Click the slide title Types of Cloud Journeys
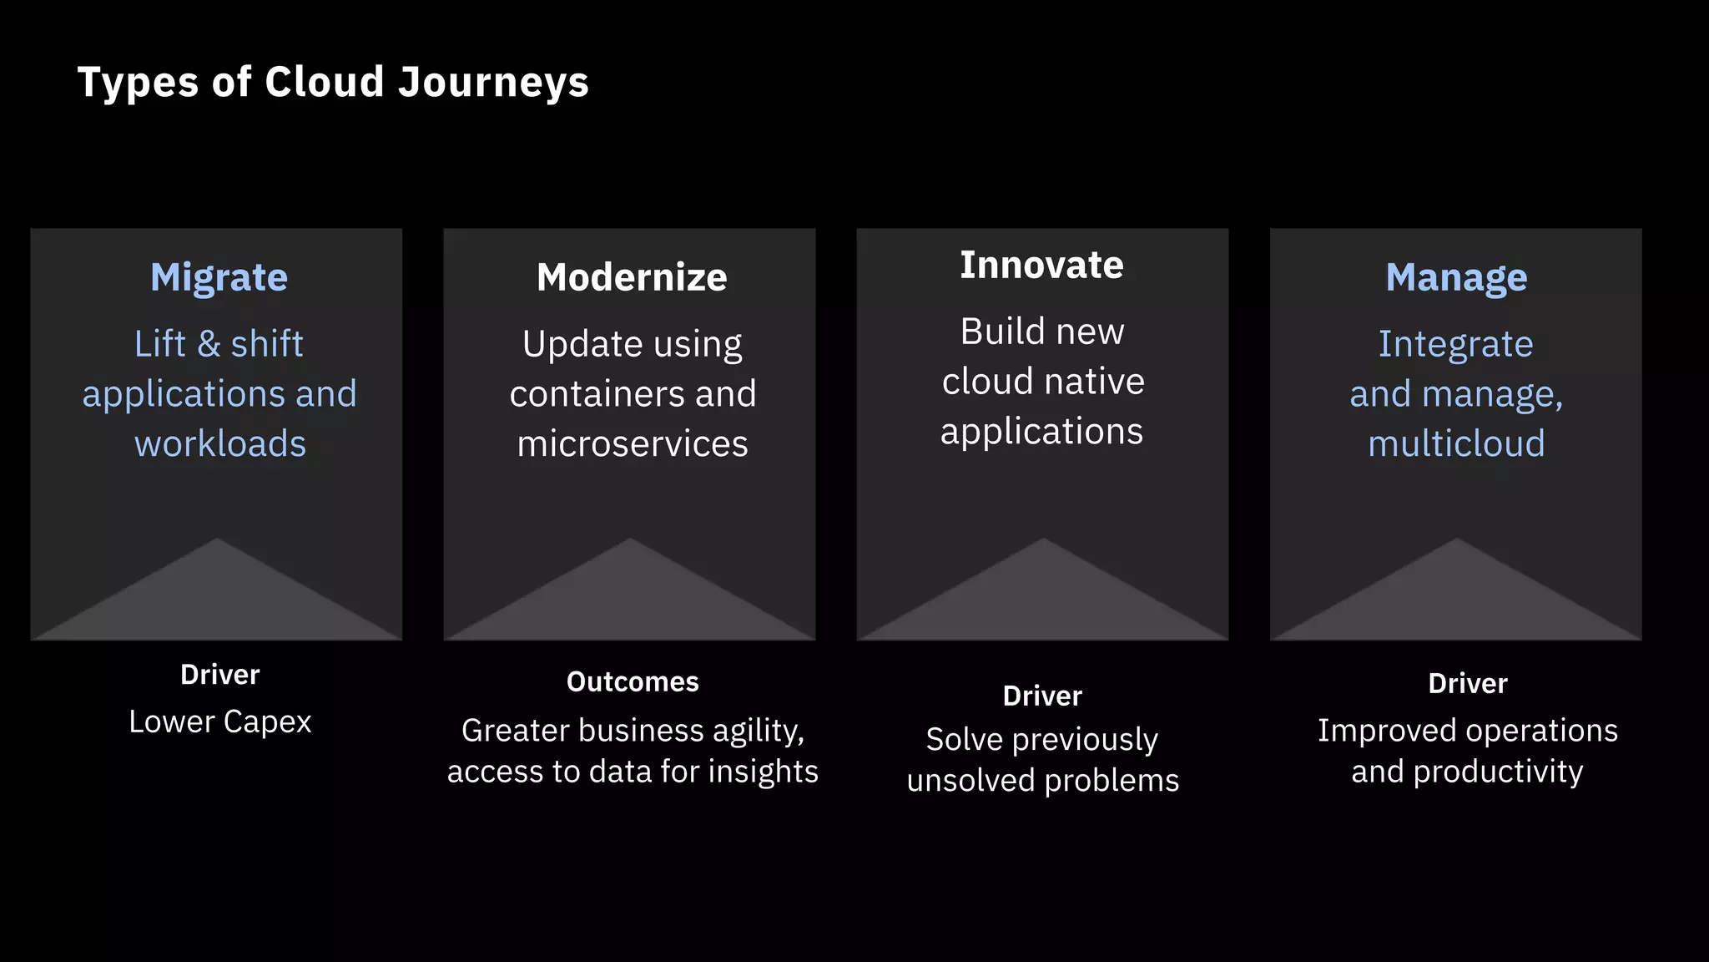333,82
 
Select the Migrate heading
219,277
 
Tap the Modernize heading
632,277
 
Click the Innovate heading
1041,265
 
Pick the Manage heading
1456,277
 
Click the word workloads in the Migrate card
220,443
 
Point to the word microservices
632,443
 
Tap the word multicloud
1456,443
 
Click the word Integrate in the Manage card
1455,344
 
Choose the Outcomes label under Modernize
633,682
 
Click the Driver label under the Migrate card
220,675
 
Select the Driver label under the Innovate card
1042,696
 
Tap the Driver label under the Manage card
1468,684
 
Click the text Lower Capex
220,722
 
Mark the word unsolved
970,781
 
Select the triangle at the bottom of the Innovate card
1042,597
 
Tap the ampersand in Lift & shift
209,344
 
